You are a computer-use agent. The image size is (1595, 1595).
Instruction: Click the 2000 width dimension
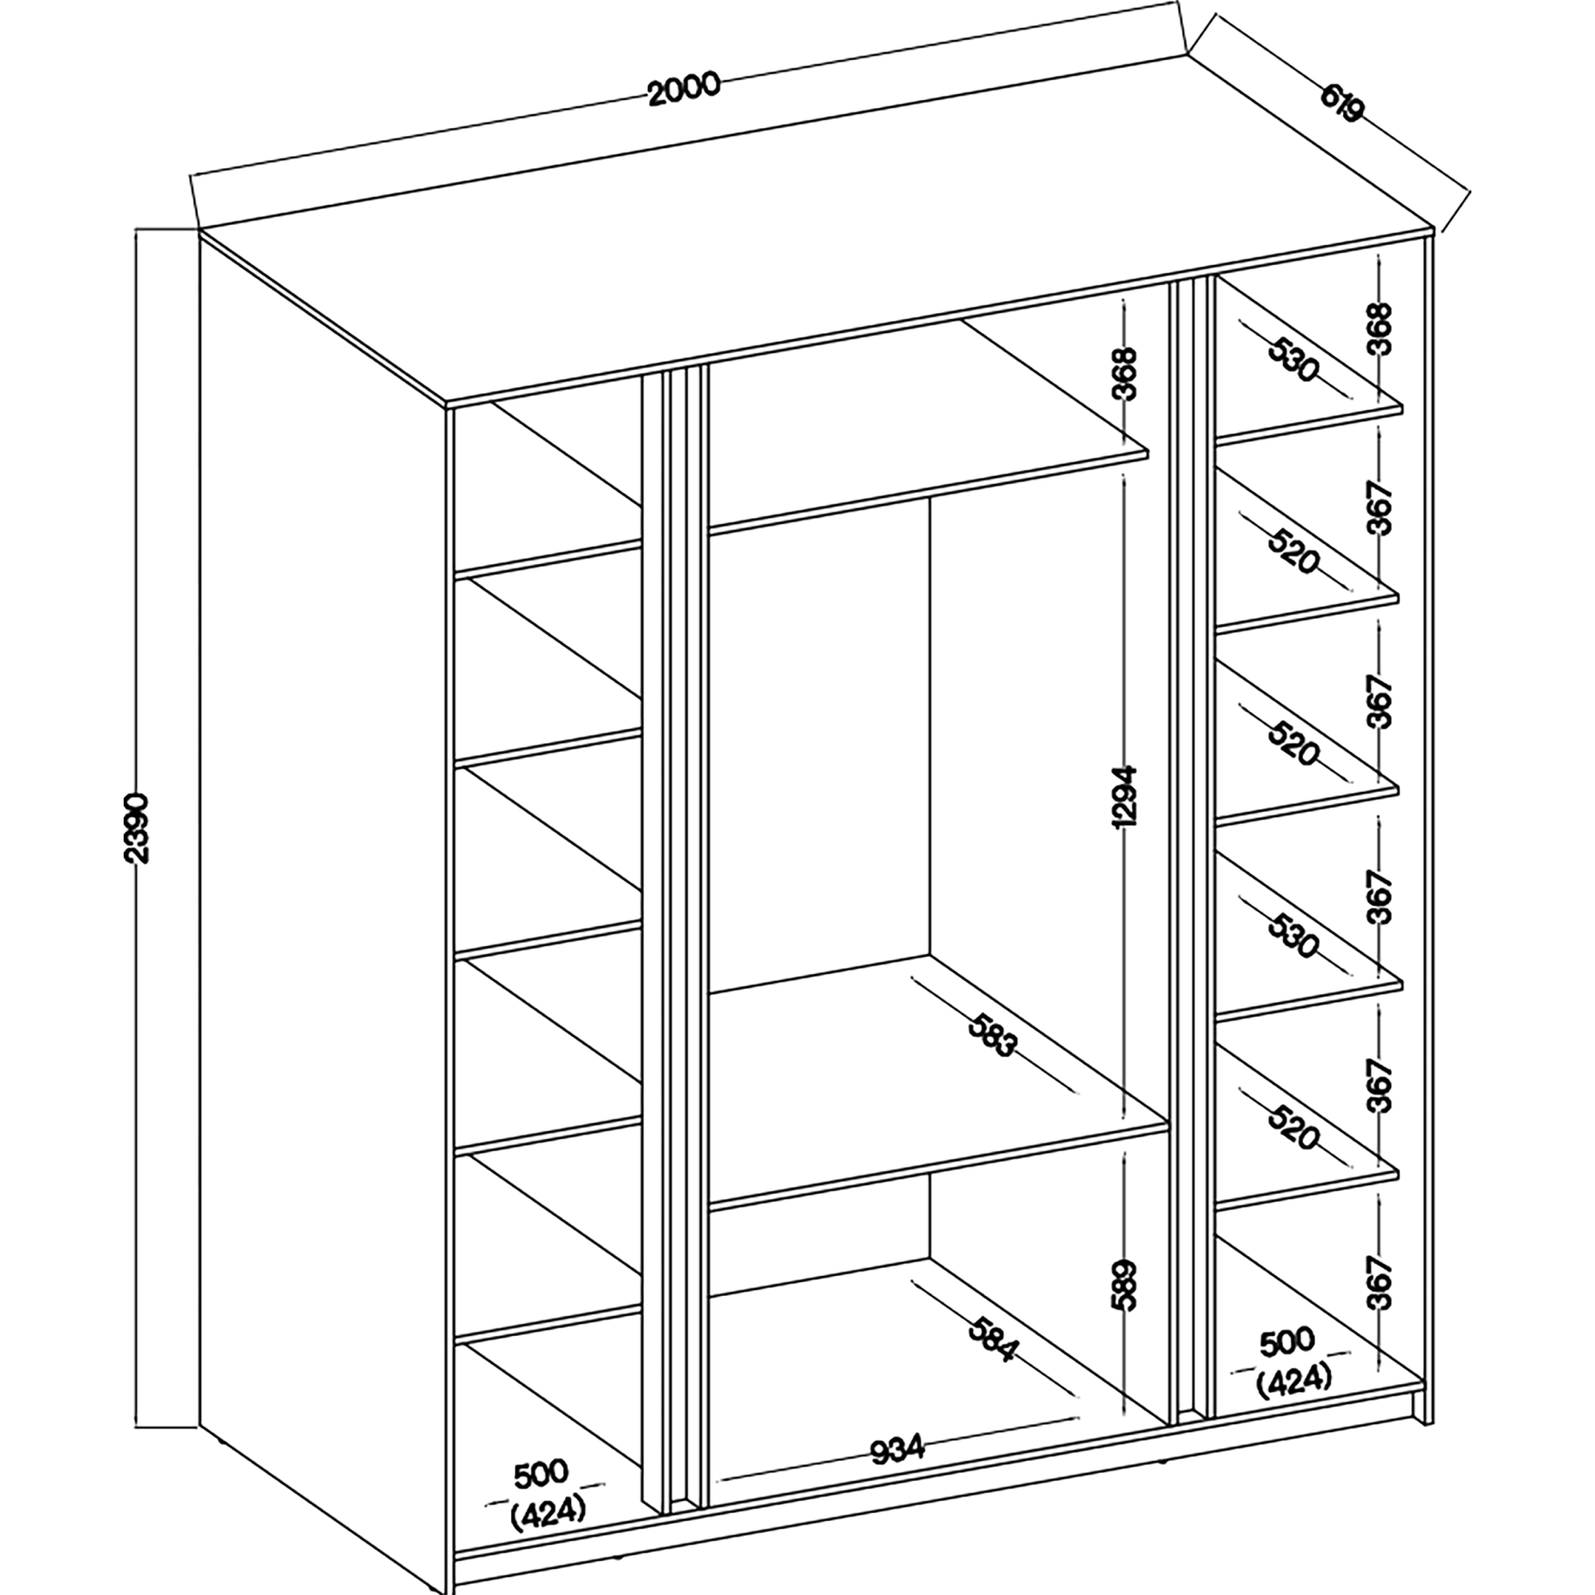pos(684,89)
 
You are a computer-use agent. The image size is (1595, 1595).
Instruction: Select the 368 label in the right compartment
pos(1382,329)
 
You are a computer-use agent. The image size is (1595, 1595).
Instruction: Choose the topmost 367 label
pos(1382,507)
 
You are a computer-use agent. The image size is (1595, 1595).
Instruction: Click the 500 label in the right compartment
pos(1286,1344)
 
